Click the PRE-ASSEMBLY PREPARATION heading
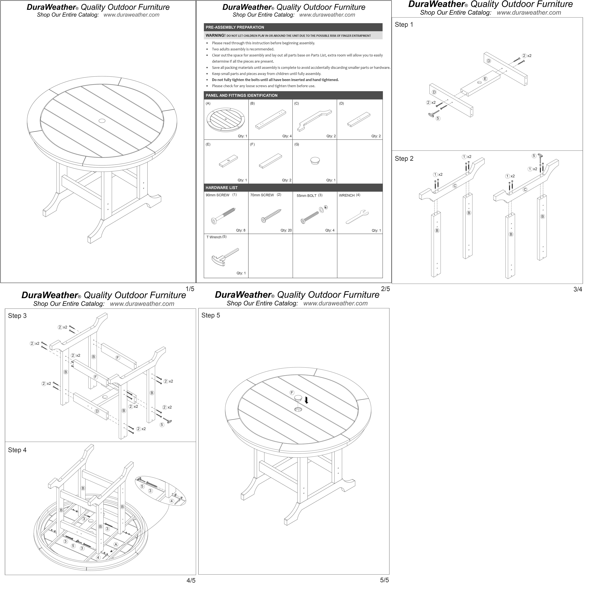235,27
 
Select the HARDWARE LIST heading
221,188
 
